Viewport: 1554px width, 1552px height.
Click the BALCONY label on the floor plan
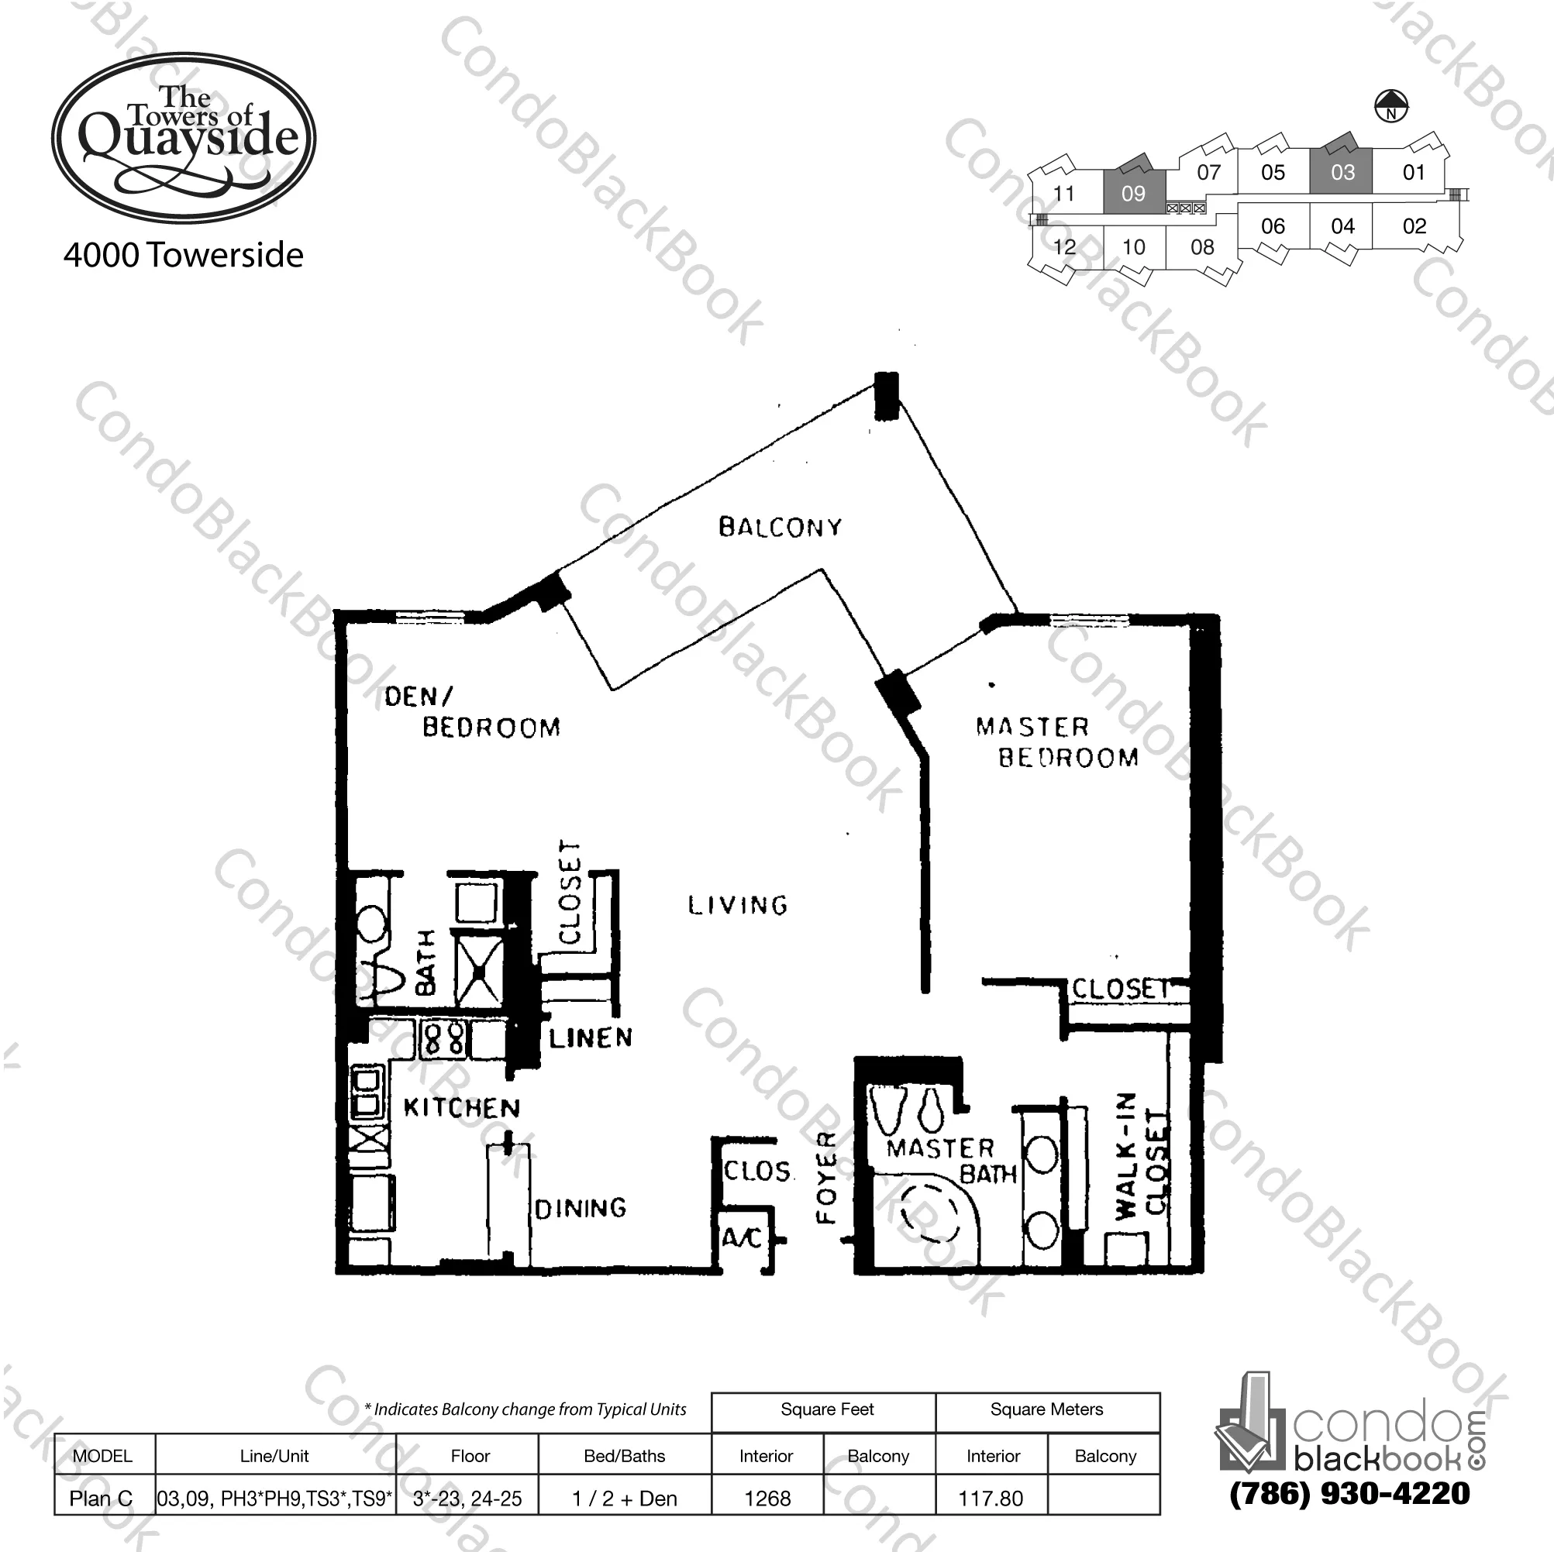click(x=780, y=528)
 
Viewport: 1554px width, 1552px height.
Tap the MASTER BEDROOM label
click(x=1056, y=742)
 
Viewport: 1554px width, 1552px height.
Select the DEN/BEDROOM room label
click(x=471, y=711)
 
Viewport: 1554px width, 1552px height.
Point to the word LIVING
click(x=738, y=906)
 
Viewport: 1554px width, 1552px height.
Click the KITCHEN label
click(x=462, y=1108)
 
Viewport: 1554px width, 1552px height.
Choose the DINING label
click(x=580, y=1208)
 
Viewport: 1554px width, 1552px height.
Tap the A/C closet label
click(x=742, y=1237)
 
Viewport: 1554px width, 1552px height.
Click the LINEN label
click(x=591, y=1038)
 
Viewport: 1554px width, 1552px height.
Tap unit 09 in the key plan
click(x=1132, y=194)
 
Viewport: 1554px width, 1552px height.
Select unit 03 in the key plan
click(x=1342, y=172)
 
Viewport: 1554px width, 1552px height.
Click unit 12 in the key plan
click(x=1063, y=247)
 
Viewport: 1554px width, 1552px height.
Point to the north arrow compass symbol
click(x=1390, y=105)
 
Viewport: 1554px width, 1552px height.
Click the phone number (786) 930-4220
click(x=1349, y=1493)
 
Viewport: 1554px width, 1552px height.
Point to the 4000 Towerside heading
click(x=184, y=256)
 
